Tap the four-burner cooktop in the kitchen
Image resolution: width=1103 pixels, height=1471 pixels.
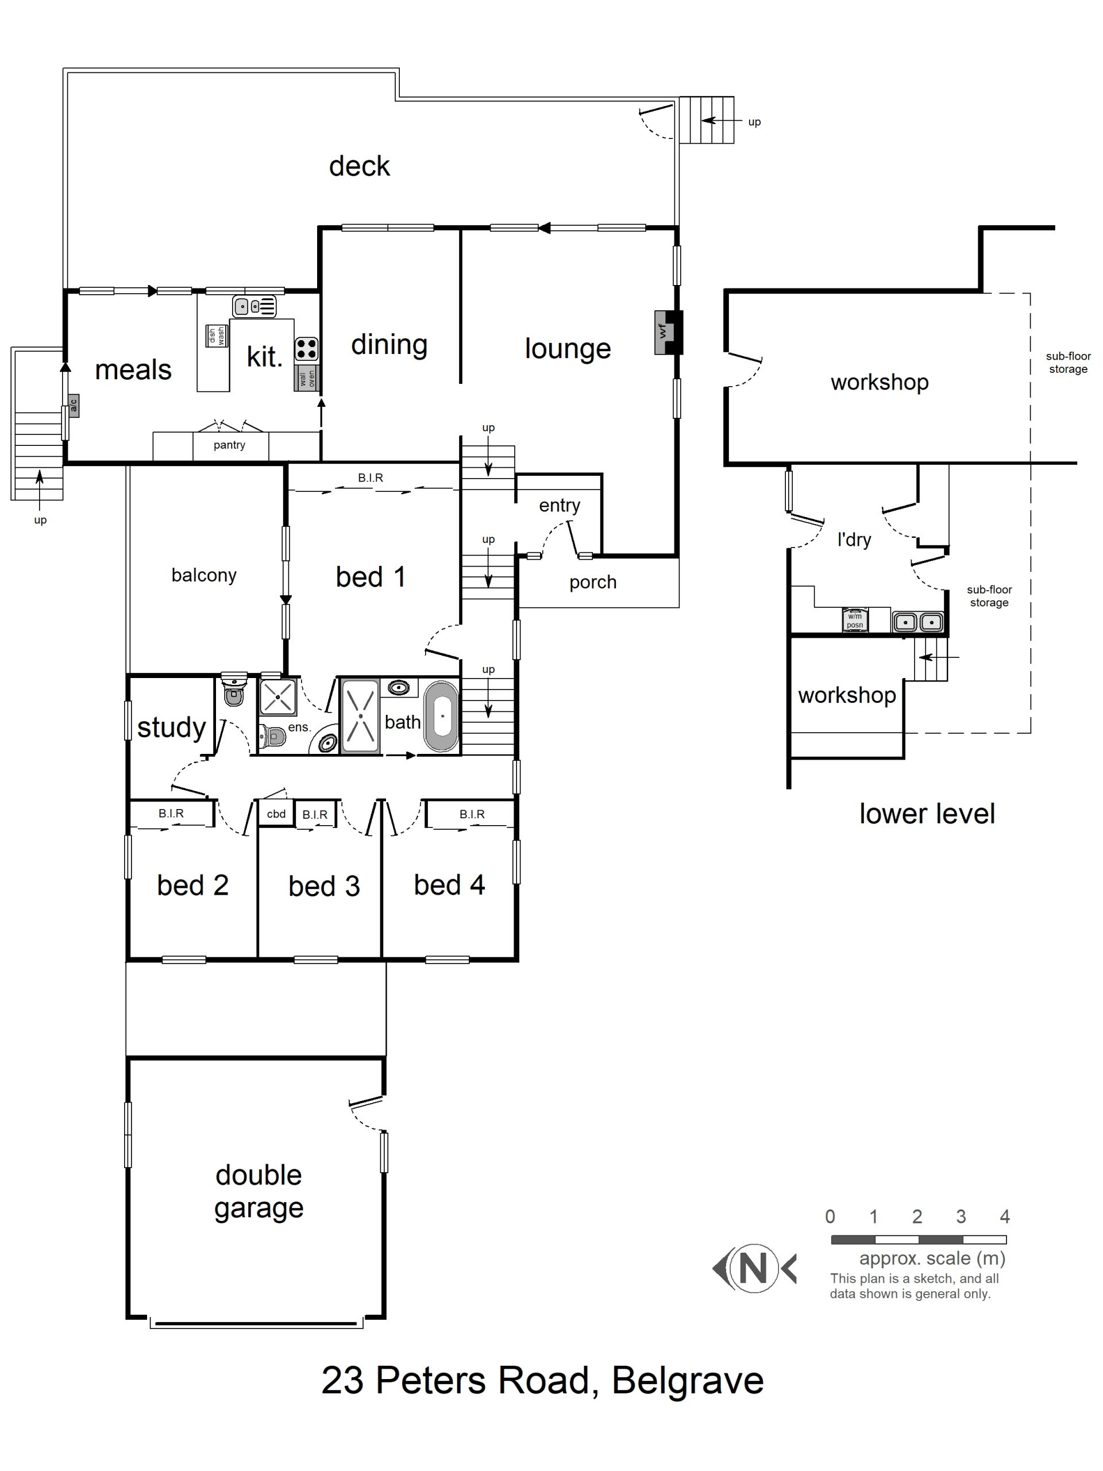[x=307, y=348]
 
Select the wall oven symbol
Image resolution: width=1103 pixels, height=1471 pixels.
[x=307, y=378]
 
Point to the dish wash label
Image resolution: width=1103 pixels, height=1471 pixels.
[x=217, y=336]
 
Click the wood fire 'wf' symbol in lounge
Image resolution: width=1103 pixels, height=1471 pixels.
[x=664, y=331]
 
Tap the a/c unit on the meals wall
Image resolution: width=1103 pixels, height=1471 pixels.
[x=74, y=405]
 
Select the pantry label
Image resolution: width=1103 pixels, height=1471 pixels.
[x=229, y=445]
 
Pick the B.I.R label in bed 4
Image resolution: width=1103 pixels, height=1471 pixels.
[x=472, y=814]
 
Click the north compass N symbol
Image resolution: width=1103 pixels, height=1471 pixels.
[x=753, y=1268]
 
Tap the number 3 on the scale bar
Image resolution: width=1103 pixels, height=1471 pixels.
[x=960, y=1216]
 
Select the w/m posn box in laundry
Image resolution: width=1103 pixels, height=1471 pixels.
[x=854, y=621]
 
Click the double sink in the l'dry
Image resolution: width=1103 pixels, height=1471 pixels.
[x=917, y=622]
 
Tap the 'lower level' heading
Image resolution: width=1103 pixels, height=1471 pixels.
[x=927, y=813]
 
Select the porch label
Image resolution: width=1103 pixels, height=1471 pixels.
[x=592, y=582]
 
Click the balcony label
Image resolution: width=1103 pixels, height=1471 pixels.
[x=203, y=575]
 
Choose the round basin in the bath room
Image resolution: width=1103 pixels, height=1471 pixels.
[x=398, y=688]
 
